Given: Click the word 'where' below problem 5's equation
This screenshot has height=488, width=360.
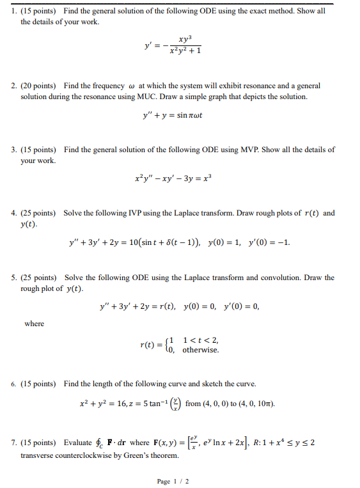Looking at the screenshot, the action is click(35, 324).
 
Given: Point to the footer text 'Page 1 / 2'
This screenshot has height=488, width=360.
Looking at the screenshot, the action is click(173, 481).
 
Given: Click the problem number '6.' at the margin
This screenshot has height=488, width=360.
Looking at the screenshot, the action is click(13, 384).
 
